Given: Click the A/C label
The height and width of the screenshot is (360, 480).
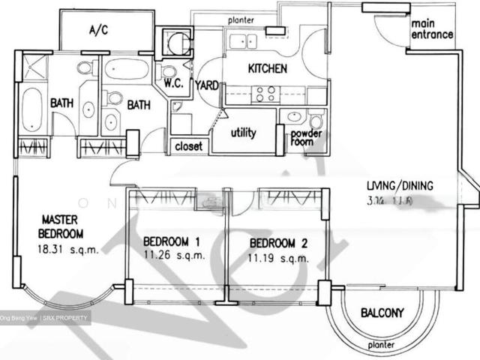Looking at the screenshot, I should point(99,31).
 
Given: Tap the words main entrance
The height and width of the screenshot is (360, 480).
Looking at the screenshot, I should point(431,28).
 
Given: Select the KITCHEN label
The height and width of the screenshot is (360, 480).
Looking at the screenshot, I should point(267,69).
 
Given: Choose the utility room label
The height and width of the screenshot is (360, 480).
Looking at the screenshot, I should point(244,133).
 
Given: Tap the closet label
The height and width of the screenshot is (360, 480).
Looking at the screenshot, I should point(189,146).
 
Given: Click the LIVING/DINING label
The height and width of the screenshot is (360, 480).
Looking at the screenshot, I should point(400,187).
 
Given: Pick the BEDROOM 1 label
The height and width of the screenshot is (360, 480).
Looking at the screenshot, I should point(171,242).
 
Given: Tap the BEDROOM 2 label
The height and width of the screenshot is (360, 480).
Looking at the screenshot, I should point(279,243).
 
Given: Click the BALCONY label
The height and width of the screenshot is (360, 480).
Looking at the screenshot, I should point(382,313).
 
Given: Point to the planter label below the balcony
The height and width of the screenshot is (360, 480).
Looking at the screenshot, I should point(382,346).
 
